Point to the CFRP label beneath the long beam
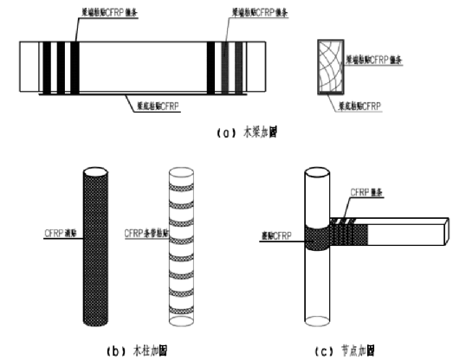click(161, 106)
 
